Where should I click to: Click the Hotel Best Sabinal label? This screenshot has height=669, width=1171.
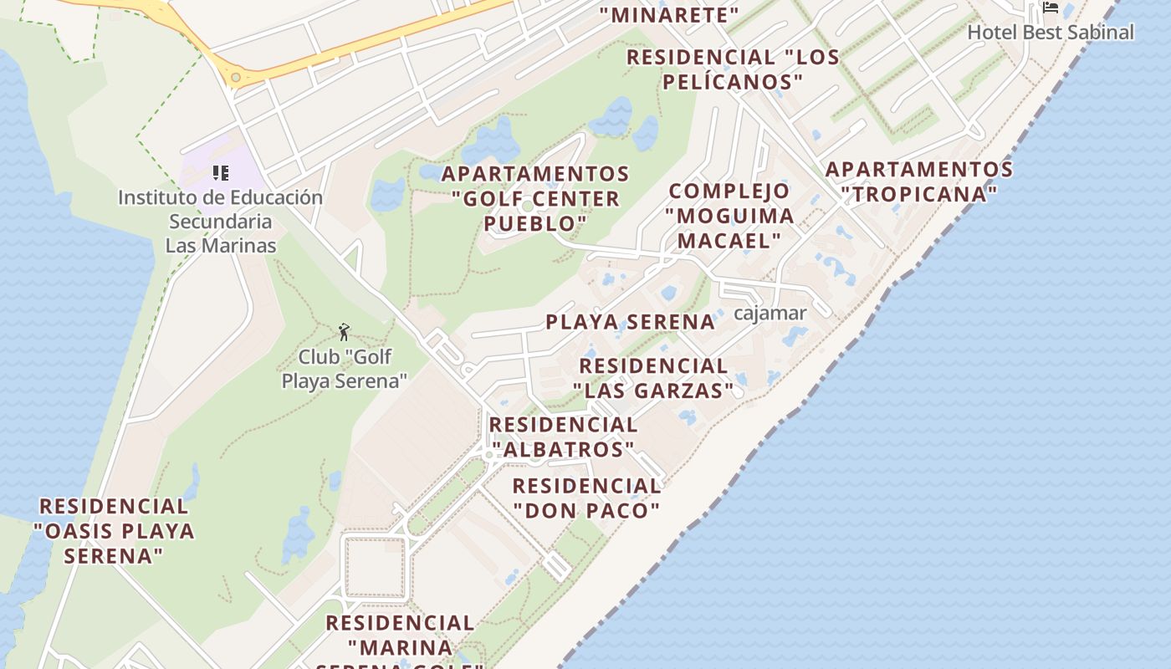pos(1051,33)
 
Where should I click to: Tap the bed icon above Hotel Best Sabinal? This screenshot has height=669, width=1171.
pos(1051,8)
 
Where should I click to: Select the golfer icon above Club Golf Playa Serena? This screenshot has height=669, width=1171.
pos(344,332)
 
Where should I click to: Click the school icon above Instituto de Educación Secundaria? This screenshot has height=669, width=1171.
pos(221,173)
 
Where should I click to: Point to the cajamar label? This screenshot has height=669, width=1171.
pos(770,314)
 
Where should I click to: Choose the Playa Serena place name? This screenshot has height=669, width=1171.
pos(631,322)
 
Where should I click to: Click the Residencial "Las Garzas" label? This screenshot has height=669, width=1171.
pos(653,378)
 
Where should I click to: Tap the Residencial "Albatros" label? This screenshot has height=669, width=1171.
pos(563,437)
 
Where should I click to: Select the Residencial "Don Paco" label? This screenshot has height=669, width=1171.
pos(586,498)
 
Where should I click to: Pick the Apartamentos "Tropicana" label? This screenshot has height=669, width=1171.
pos(919,181)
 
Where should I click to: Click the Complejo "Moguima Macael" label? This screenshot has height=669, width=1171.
pos(729,216)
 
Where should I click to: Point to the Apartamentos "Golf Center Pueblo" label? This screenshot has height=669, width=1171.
pos(535,199)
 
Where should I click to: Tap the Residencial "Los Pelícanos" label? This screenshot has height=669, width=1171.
pos(733,69)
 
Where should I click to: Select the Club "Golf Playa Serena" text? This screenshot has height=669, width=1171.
pos(344,369)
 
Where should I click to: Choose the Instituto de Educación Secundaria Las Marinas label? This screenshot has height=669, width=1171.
pos(220,222)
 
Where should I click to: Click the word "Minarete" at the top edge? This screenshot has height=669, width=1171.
pos(669,14)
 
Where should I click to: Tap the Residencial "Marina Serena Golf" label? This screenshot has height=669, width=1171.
pos(400,644)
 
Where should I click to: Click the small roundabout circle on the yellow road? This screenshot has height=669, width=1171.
pos(236,78)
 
